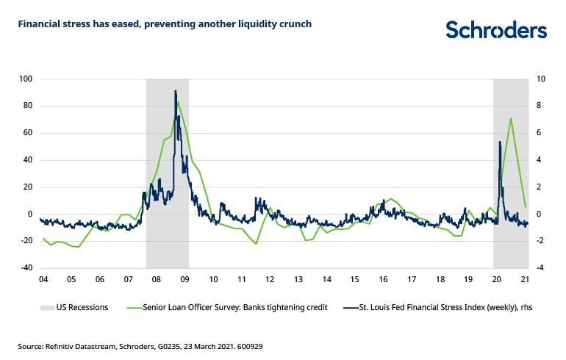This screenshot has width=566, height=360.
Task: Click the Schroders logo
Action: click(496, 30)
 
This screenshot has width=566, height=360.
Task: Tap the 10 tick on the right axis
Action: click(542, 79)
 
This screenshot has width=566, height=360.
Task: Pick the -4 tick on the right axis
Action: click(542, 268)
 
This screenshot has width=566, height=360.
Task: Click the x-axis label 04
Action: click(43, 280)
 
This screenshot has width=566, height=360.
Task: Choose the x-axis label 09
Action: click(185, 280)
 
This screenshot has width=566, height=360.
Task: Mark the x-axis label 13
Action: click(298, 280)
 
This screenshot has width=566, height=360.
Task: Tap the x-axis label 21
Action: click(525, 280)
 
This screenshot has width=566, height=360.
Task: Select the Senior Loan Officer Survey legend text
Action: click(226, 307)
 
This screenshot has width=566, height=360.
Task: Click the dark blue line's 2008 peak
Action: click(175, 91)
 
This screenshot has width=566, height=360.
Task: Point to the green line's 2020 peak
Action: click(511, 118)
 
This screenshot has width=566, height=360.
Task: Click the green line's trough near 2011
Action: click(256, 243)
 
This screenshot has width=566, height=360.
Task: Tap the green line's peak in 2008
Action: click(178, 101)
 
